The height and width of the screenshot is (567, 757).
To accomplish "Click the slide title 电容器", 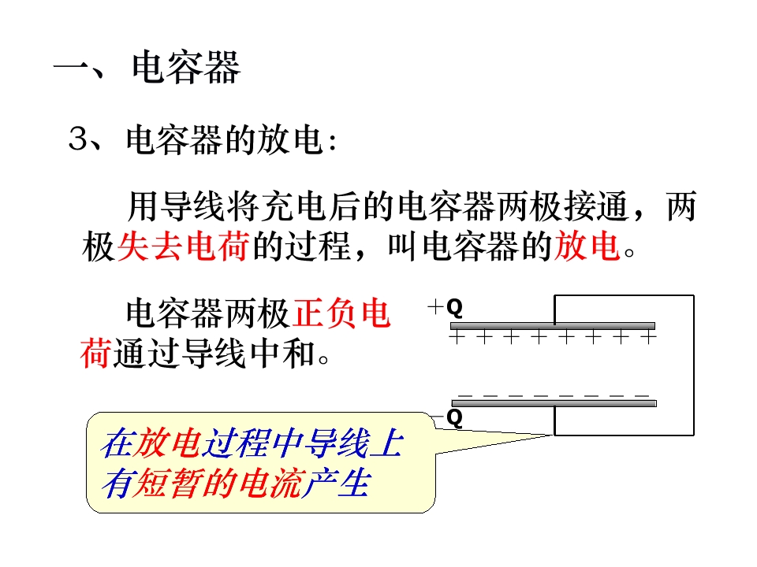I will tap(186, 69).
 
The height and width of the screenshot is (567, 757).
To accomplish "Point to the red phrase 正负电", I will tap(341, 314).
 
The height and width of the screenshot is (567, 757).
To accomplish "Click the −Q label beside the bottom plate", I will tap(446, 417).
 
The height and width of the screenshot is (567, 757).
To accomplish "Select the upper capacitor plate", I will tap(552, 325).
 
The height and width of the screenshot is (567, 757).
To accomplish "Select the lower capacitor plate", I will tap(552, 403).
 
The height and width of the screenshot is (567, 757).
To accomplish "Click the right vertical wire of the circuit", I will tap(694, 365).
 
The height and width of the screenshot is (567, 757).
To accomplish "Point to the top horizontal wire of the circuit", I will tap(624, 295).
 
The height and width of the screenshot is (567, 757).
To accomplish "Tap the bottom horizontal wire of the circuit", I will tap(624, 435).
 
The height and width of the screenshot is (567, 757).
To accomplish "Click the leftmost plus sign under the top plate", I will tap(456, 338).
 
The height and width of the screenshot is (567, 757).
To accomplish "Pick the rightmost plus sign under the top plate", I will tap(648, 338).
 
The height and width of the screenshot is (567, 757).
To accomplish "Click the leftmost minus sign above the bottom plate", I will tap(465, 394).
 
